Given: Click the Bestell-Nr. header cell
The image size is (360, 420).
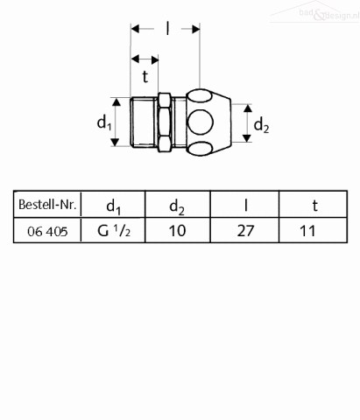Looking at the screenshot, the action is tap(47, 205).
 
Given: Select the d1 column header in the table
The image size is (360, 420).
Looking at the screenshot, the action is tap(114, 206).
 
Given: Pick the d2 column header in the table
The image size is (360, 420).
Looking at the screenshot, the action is tap(177, 206).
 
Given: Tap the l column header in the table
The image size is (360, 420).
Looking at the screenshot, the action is tap(246, 205).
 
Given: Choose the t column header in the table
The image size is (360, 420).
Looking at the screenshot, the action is tap(314, 206).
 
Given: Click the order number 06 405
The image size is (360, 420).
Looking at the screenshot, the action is tap(47, 232).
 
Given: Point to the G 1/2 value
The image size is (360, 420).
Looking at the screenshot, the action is tap(114, 231).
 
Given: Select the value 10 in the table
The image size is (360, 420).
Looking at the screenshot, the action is tap(177, 231).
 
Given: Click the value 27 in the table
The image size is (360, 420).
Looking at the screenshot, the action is tap(245, 231).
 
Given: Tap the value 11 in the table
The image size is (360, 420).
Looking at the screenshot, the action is tap(307, 231).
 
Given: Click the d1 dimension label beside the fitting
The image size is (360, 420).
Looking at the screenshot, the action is tap(104, 122).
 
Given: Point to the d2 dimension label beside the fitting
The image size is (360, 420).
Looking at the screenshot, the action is tap(261, 126).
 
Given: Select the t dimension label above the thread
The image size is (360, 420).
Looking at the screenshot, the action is tap(145, 77).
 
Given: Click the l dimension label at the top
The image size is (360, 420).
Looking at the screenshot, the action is tap(167, 29).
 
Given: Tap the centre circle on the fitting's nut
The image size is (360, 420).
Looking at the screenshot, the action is tap(201, 122).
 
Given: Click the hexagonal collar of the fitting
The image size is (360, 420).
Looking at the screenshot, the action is tap(165, 122).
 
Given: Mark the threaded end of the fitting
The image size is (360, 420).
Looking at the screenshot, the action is tap(144, 122).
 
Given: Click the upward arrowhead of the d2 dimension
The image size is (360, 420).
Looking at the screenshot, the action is tap(248, 108).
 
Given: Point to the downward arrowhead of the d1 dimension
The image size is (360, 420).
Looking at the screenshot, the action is tap(116, 142).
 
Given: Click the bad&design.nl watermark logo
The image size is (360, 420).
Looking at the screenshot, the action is tap(314, 13).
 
